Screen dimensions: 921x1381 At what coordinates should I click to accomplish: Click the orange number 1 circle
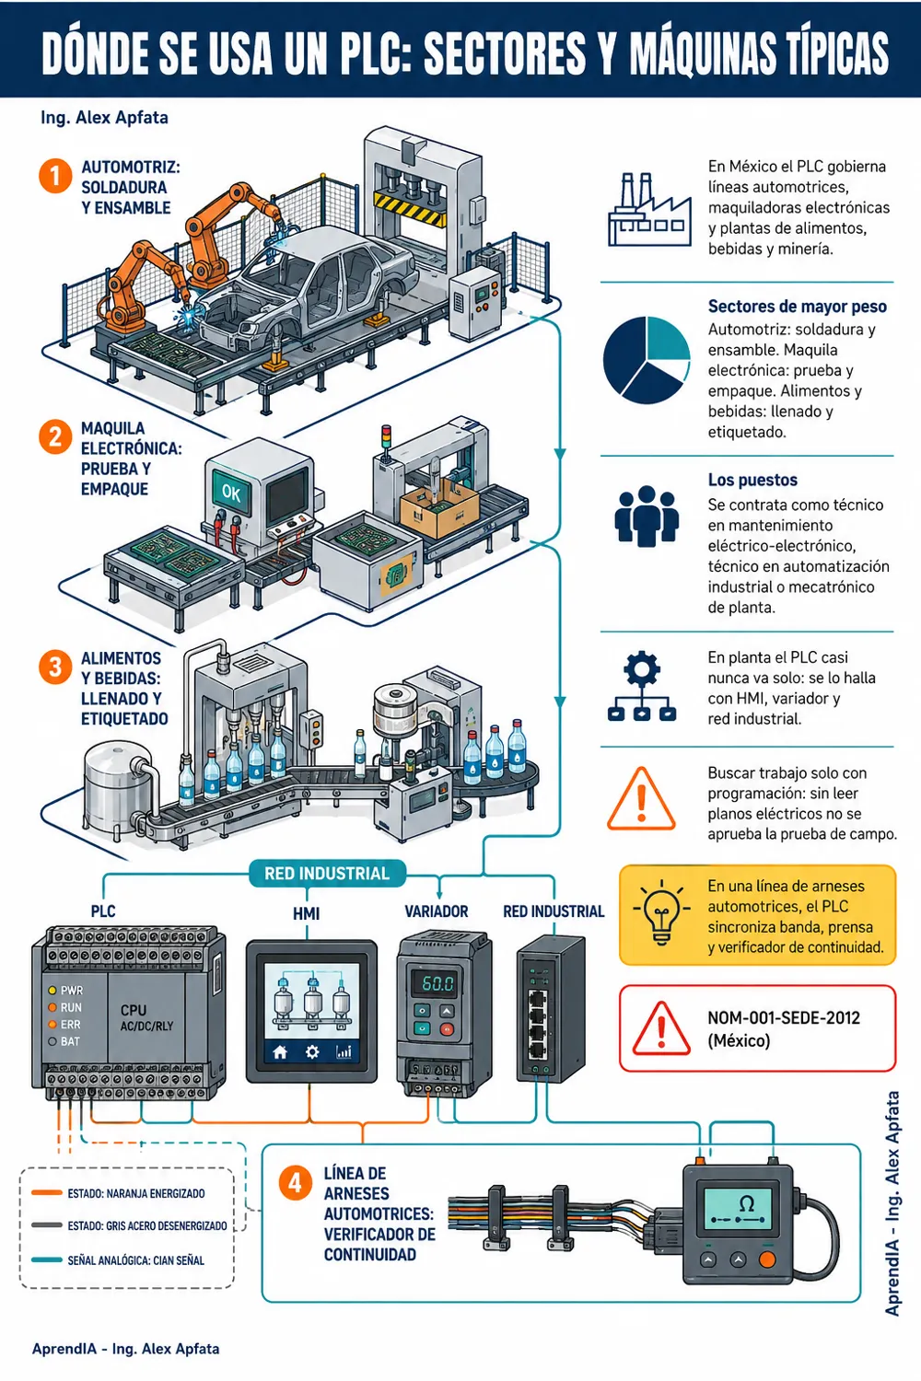tap(55, 176)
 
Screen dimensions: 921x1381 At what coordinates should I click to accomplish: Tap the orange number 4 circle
tap(294, 1183)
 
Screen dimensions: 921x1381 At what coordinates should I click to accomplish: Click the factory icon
tap(649, 210)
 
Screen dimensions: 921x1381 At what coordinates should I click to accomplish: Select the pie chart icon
tap(647, 360)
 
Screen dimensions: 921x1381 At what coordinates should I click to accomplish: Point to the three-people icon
tap(647, 516)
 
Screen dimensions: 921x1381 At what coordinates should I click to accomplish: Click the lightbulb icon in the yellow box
tap(661, 911)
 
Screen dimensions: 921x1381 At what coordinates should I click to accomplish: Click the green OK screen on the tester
tap(231, 492)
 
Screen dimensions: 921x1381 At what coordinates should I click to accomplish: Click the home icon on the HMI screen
tap(280, 1051)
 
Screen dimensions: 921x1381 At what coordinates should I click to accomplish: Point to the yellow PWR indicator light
tap(52, 990)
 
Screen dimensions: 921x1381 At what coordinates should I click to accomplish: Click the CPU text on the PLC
tap(134, 1010)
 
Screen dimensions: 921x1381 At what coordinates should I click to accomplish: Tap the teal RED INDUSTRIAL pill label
tap(327, 874)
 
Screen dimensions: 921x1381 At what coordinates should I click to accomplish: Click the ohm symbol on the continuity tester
tap(746, 1202)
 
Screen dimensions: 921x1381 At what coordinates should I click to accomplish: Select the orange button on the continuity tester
tap(767, 1259)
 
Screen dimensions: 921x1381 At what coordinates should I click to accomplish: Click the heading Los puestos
tap(752, 480)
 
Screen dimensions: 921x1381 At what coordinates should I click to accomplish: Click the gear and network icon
tap(642, 686)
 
